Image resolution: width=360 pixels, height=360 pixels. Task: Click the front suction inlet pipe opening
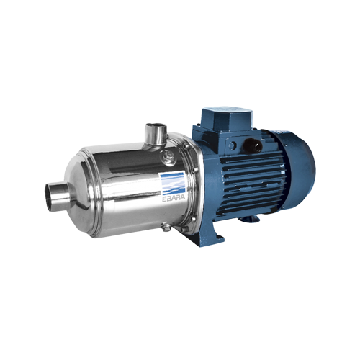click(x=50, y=197)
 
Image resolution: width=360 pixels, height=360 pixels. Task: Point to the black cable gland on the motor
click(x=252, y=146)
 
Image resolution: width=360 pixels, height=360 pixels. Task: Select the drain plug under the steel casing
click(x=166, y=226)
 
